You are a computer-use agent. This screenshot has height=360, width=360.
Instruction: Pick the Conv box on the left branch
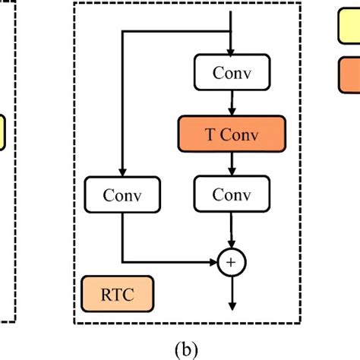tap(122, 194)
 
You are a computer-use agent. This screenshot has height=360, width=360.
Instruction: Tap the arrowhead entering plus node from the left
tap(213, 263)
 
